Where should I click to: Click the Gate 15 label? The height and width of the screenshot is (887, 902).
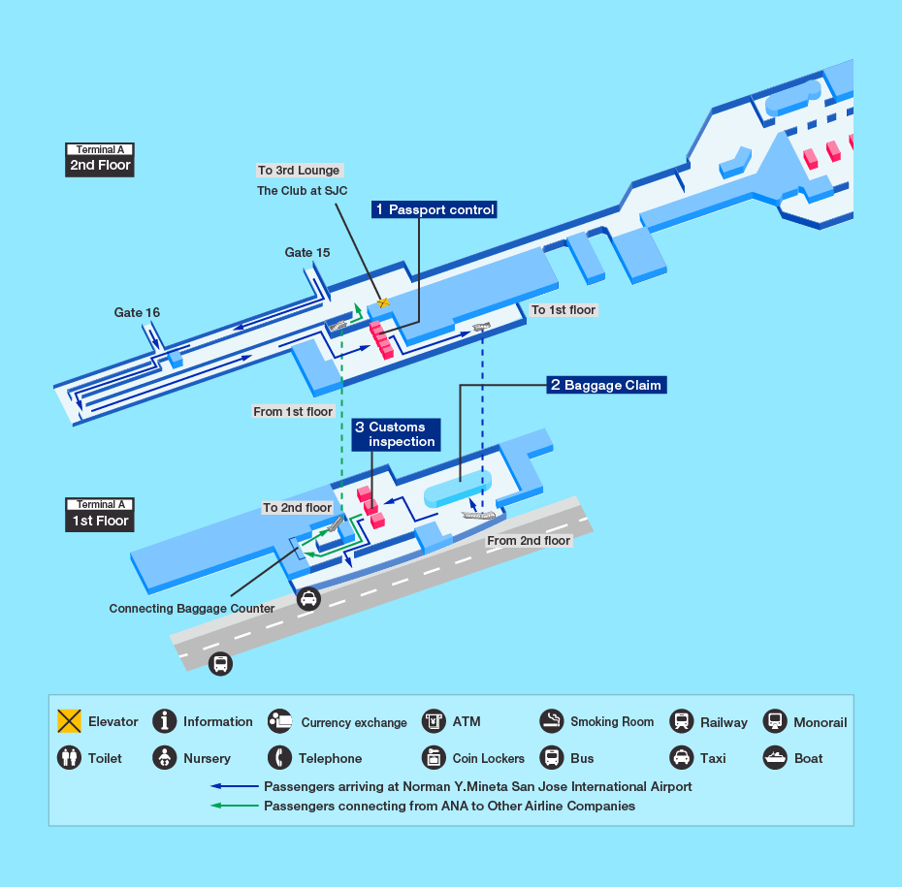(x=307, y=252)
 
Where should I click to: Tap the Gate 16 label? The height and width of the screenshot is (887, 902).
(x=137, y=312)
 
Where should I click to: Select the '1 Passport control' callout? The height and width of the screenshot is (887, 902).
(x=435, y=209)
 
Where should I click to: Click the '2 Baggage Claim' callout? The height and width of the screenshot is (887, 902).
(x=606, y=385)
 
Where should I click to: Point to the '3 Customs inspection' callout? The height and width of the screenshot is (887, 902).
(x=395, y=434)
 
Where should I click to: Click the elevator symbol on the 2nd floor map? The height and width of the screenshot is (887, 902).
(x=384, y=302)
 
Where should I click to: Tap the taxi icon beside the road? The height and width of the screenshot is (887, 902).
(x=308, y=599)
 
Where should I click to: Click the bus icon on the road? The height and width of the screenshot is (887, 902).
(x=221, y=664)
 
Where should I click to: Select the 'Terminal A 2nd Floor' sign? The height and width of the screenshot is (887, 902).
(x=100, y=158)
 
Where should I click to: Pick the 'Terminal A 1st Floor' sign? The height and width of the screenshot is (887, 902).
(x=100, y=513)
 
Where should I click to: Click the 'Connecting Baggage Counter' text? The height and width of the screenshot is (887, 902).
(x=192, y=609)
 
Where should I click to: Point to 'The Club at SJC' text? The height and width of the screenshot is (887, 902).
(x=302, y=191)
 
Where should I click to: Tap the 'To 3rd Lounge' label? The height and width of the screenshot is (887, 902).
(x=299, y=171)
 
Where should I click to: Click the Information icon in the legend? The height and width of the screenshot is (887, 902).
(x=165, y=721)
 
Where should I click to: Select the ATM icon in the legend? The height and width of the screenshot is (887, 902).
(x=434, y=721)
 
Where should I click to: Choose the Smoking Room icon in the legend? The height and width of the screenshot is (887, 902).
(x=552, y=721)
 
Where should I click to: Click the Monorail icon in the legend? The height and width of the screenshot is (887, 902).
(x=775, y=721)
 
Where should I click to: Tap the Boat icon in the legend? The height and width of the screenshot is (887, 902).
(x=775, y=758)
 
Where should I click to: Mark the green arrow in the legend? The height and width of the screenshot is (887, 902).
(x=236, y=806)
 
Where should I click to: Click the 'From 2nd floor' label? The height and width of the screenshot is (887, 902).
(x=529, y=540)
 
